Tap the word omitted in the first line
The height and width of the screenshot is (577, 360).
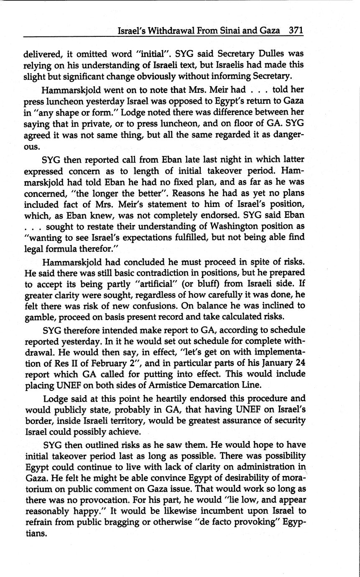90,54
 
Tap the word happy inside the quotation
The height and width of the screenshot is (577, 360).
87,511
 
